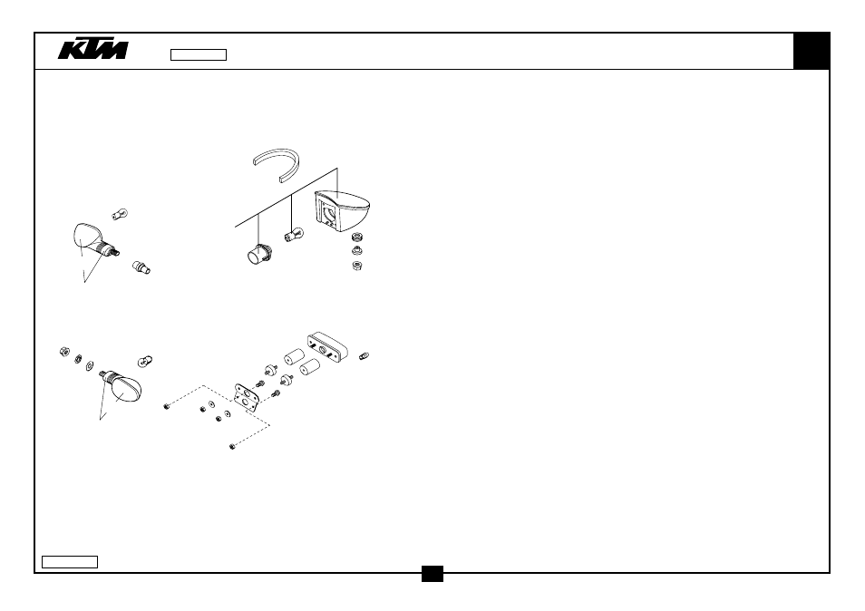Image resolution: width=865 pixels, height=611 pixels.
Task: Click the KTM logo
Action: [93, 49]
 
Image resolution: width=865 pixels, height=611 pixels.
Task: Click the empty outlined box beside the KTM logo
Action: [199, 54]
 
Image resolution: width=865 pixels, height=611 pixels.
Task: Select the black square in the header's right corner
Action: [811, 51]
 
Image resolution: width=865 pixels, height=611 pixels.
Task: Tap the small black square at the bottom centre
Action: [432, 574]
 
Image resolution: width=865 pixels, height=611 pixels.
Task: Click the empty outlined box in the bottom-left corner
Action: [70, 562]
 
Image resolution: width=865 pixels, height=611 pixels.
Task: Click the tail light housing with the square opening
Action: [342, 209]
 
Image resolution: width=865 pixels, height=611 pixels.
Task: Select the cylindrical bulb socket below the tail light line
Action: [258, 254]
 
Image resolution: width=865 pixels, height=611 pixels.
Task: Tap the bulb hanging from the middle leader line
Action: [294, 235]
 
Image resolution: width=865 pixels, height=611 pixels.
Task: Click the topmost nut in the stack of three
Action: [356, 238]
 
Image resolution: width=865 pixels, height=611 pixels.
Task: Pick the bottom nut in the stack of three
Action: [357, 267]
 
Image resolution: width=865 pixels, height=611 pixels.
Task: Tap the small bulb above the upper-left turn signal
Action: [120, 214]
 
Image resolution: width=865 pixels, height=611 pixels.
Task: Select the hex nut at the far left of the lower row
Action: [64, 351]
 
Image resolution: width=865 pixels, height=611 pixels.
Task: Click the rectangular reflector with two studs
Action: [327, 347]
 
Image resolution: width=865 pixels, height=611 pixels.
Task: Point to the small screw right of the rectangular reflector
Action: [364, 356]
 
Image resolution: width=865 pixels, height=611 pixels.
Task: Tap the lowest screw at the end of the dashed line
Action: [232, 446]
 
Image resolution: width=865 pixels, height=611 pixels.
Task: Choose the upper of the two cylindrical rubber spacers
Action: [295, 357]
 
